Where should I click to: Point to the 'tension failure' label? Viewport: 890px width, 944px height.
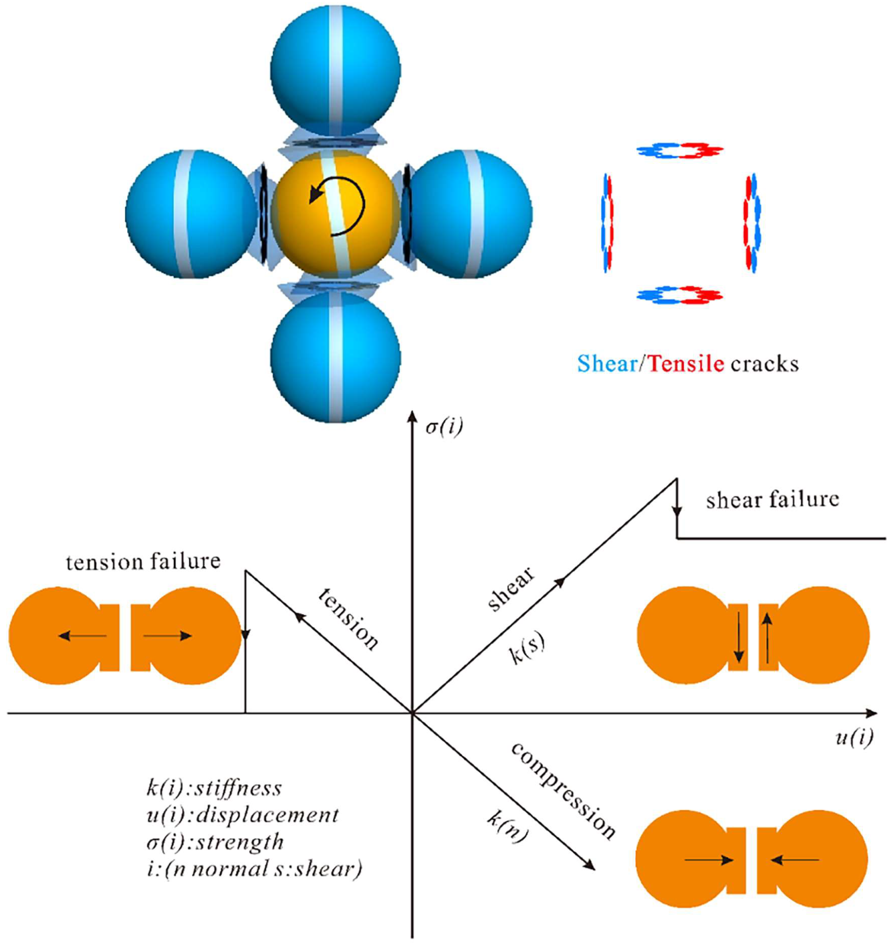pos(143,562)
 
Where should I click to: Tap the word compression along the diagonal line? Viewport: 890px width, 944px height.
pos(563,791)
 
